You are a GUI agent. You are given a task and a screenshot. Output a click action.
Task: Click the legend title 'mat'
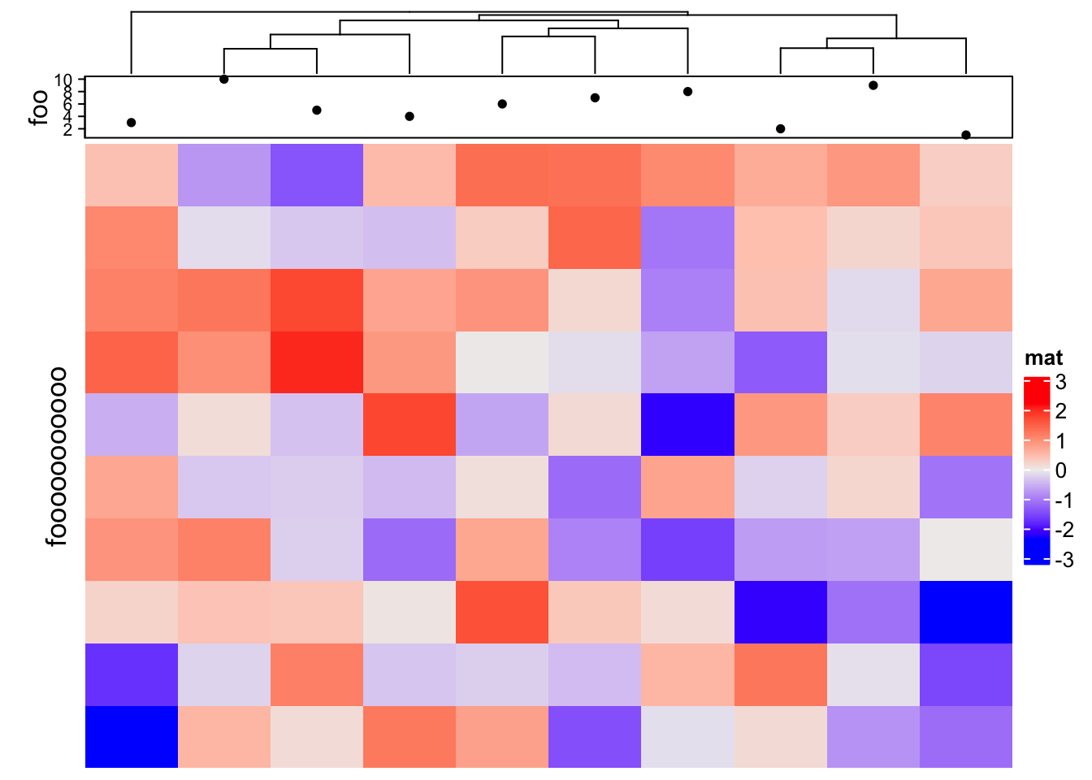1044,357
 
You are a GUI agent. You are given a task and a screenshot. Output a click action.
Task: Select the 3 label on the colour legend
1060,381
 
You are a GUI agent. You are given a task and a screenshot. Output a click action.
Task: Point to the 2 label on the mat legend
1060,411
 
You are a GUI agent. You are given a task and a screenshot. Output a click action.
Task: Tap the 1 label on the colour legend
1060,441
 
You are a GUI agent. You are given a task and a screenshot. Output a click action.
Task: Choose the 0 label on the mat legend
1060,470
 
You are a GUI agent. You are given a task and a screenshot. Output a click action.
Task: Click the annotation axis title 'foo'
37,107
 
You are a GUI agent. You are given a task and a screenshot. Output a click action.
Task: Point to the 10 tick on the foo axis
64,80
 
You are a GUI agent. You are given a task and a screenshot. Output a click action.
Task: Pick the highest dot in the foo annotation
224,79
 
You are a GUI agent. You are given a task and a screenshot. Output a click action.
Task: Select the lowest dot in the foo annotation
966,135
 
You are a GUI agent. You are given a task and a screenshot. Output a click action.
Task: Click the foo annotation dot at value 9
873,85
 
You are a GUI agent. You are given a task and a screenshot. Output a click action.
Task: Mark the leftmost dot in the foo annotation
132,123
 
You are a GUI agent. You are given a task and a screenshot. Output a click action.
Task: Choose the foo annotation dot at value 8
688,92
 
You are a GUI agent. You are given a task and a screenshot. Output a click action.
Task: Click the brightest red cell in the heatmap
317,362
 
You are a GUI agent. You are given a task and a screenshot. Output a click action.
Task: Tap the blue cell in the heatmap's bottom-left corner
132,737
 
